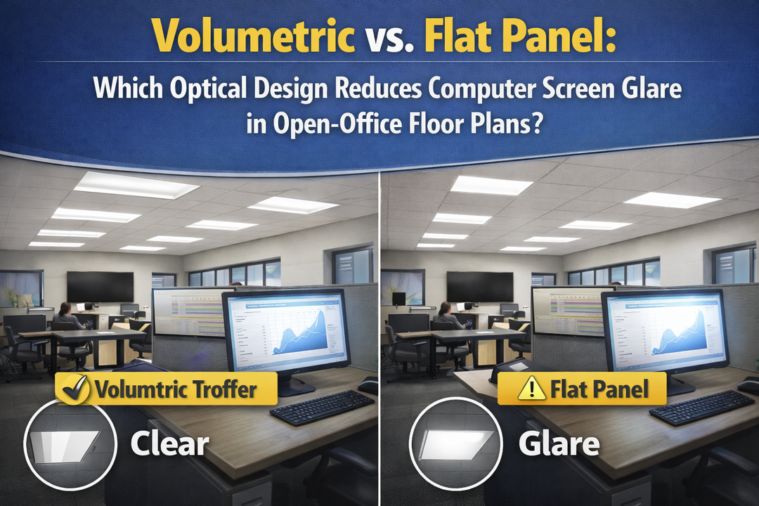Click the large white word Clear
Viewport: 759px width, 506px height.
tap(169, 443)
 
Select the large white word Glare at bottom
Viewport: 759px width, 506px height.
tap(559, 443)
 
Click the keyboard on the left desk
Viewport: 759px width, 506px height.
tap(322, 407)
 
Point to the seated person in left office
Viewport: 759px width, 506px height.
tap(65, 317)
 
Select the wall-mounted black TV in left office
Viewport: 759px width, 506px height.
tap(100, 286)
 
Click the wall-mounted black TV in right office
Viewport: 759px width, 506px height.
tap(480, 286)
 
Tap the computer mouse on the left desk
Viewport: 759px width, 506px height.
tap(368, 385)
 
